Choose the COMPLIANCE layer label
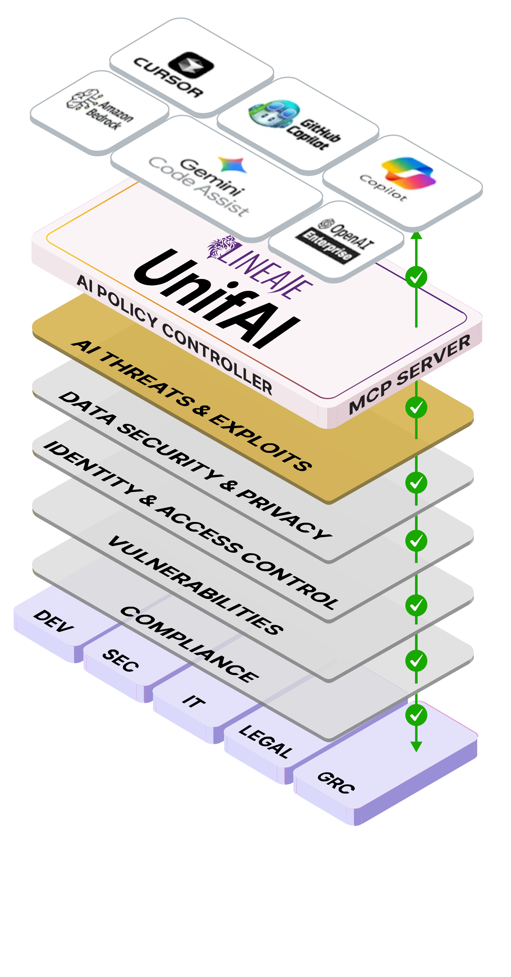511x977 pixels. point(190,645)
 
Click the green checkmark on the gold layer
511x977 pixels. point(416,408)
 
